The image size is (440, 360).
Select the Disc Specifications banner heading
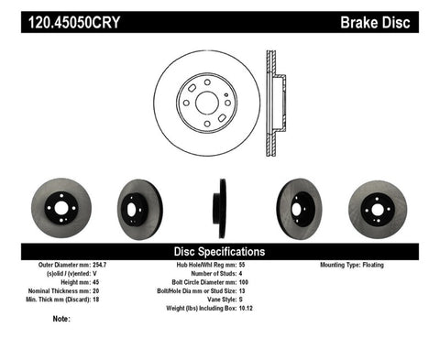(219, 250)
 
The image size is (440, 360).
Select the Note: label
(61, 319)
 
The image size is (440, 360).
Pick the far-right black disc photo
(375, 206)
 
